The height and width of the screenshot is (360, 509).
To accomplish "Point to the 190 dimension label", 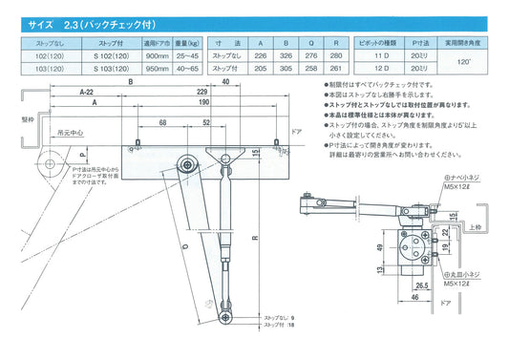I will click(x=202, y=102).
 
